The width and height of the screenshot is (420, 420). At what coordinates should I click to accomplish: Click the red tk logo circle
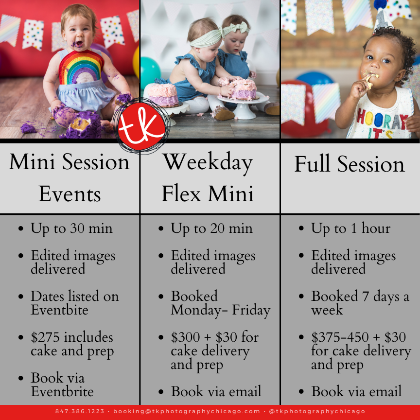tap(141, 126)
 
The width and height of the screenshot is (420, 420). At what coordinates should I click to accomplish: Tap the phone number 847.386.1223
tap(80, 411)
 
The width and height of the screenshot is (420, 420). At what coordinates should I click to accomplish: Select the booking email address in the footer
tap(187, 411)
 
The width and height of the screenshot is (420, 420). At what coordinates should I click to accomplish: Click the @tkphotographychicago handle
tap(317, 411)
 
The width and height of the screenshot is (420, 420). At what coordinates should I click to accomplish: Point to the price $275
tap(45, 337)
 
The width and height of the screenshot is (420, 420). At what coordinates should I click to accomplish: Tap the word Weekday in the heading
tap(208, 162)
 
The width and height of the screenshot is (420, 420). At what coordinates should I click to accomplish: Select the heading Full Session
tap(350, 164)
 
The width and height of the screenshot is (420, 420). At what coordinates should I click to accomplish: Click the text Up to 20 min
tap(211, 229)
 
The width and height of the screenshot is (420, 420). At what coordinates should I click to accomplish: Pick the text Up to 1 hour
tap(350, 228)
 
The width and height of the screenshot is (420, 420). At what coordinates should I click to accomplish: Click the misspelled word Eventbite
tap(59, 310)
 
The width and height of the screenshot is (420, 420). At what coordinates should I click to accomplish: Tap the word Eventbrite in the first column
tap(62, 392)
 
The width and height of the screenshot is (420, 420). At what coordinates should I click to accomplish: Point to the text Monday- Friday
tap(221, 311)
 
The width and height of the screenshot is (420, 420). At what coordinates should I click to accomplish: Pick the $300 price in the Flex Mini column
tap(185, 337)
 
